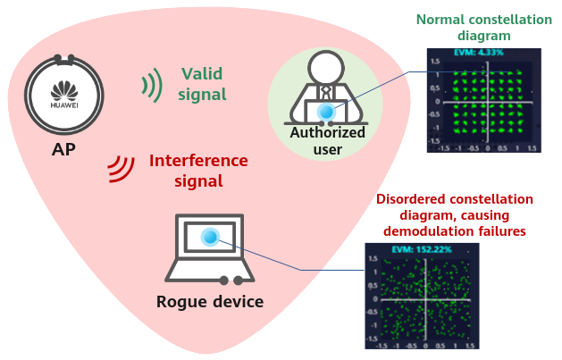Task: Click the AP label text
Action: point(63,148)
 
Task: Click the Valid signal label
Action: point(203,83)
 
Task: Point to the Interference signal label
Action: point(198,171)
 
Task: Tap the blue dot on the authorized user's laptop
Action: point(326,112)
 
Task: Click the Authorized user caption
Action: point(328,141)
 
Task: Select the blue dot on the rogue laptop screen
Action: point(210,237)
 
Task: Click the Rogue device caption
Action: point(210,302)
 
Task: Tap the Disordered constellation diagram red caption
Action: point(455,214)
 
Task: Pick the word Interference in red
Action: point(198,161)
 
